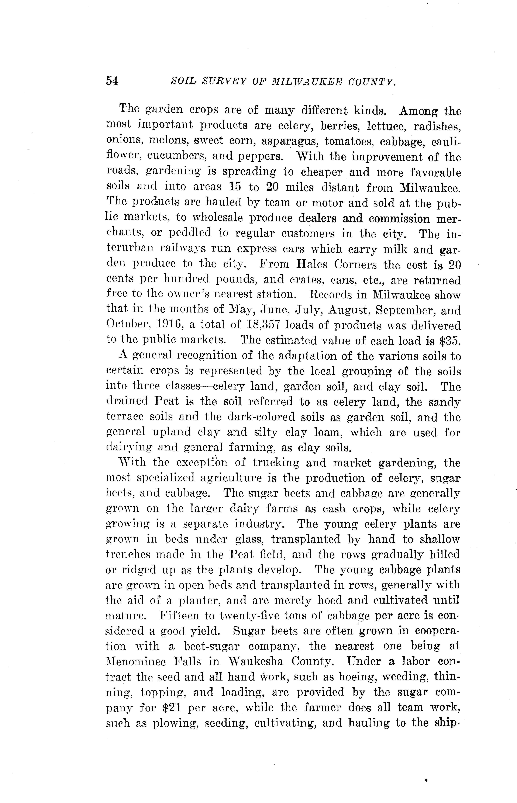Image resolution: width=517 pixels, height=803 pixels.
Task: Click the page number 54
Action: click(x=112, y=81)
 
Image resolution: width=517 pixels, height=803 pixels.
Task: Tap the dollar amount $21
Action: click(x=172, y=707)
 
